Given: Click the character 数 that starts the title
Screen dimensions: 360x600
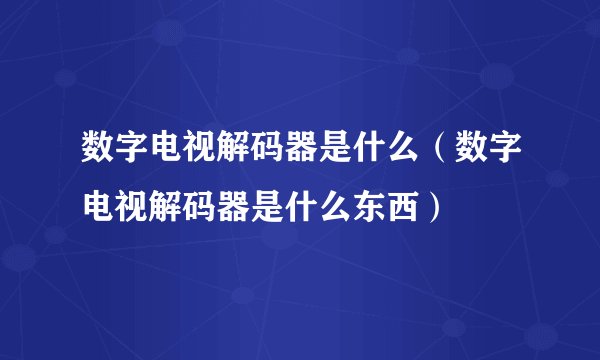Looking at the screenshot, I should [x=98, y=156].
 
